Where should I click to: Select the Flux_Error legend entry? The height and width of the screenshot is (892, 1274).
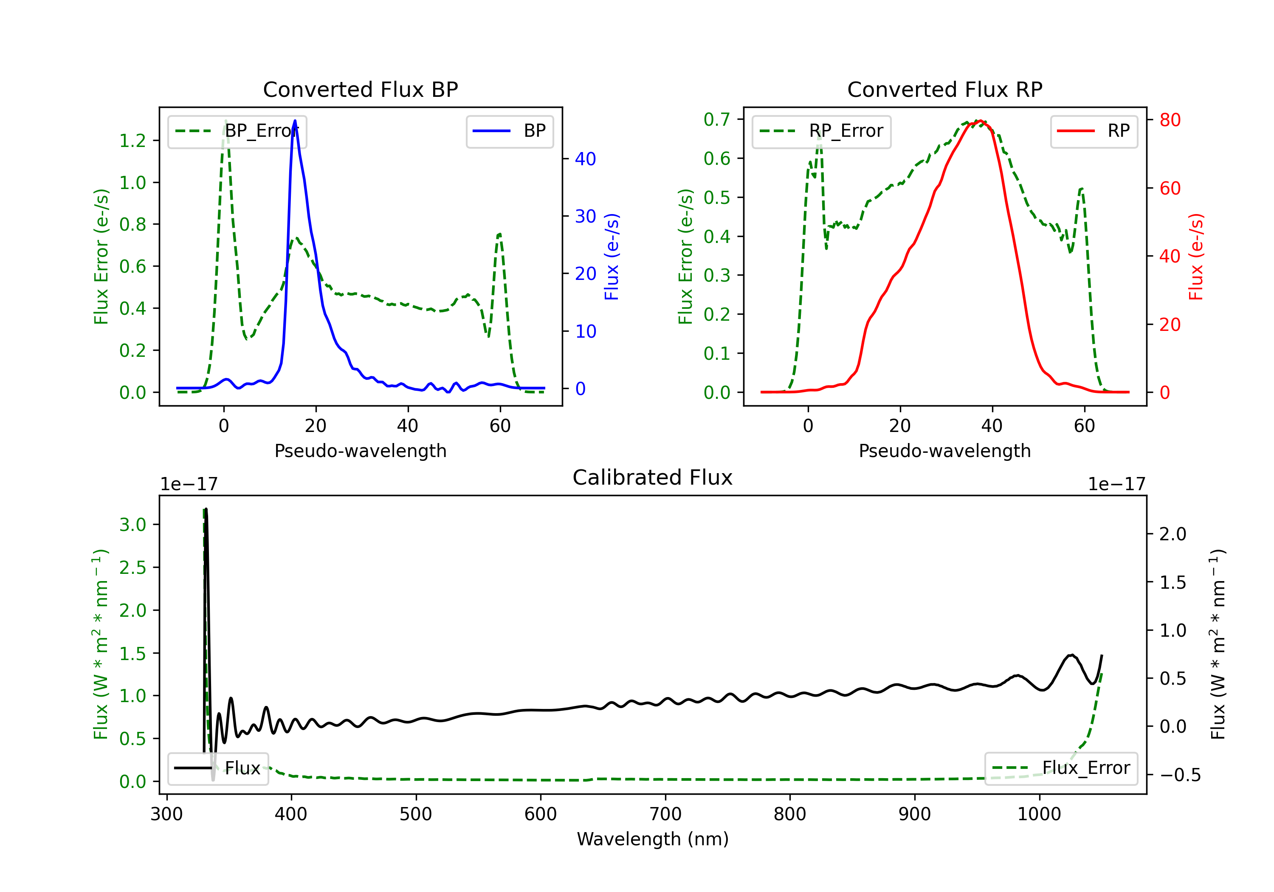click(x=1061, y=768)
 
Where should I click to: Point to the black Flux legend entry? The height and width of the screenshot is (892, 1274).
click(x=218, y=768)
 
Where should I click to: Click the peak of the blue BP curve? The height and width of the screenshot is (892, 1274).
click(x=295, y=121)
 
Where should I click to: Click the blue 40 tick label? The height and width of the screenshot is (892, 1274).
click(x=585, y=159)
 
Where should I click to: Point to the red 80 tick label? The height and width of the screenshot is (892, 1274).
click(x=1170, y=120)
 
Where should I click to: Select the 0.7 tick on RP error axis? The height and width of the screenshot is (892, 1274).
click(x=716, y=119)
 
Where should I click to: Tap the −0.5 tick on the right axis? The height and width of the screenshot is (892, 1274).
click(x=1180, y=775)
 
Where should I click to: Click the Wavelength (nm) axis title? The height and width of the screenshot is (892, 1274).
click(x=653, y=839)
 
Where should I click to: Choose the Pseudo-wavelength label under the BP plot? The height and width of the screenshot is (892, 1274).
click(x=360, y=451)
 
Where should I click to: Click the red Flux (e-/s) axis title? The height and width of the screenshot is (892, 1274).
click(x=1196, y=257)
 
